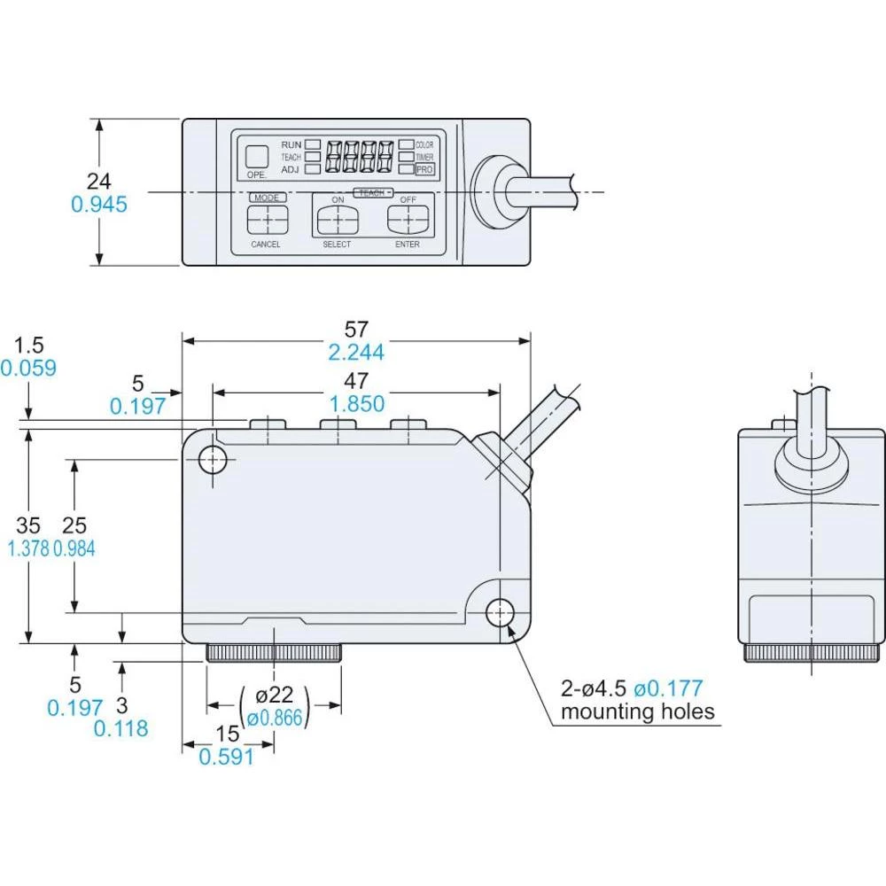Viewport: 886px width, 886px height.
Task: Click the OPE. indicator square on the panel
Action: click(257, 156)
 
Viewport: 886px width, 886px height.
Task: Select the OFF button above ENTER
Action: click(407, 218)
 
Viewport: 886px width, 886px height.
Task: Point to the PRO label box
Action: click(425, 168)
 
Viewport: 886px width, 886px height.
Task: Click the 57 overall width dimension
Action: click(356, 328)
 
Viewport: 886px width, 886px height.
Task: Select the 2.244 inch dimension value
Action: click(356, 353)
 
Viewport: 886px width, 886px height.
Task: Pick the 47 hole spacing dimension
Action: click(356, 381)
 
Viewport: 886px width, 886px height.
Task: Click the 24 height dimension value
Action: click(99, 182)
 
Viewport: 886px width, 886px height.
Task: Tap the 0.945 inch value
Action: click(99, 205)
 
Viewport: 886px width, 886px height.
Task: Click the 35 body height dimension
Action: click(28, 525)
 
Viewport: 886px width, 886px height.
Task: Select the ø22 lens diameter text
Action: click(275, 695)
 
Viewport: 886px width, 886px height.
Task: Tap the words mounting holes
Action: click(637, 711)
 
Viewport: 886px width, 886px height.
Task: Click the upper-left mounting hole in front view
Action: click(214, 459)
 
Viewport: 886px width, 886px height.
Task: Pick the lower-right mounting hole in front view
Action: click(500, 611)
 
